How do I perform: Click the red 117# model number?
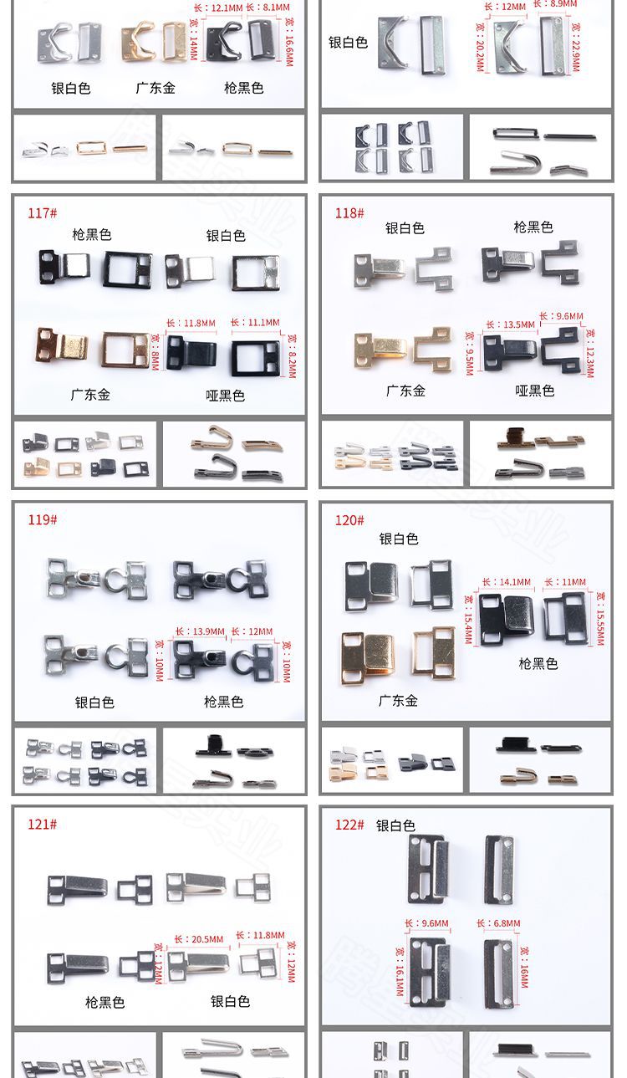(x=42, y=213)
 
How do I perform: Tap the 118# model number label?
(x=349, y=213)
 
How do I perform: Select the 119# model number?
(x=42, y=520)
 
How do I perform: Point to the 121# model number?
(x=42, y=825)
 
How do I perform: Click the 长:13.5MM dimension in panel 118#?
(x=510, y=324)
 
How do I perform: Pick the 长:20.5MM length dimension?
(x=199, y=939)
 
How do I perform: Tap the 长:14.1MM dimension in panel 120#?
(x=507, y=582)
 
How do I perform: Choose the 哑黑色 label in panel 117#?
(x=225, y=396)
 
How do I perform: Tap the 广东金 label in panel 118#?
(x=405, y=391)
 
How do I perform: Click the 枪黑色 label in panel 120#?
(x=538, y=663)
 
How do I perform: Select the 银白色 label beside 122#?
(x=395, y=825)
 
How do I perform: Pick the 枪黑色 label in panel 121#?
(x=104, y=1002)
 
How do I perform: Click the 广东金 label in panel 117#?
(x=90, y=395)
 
